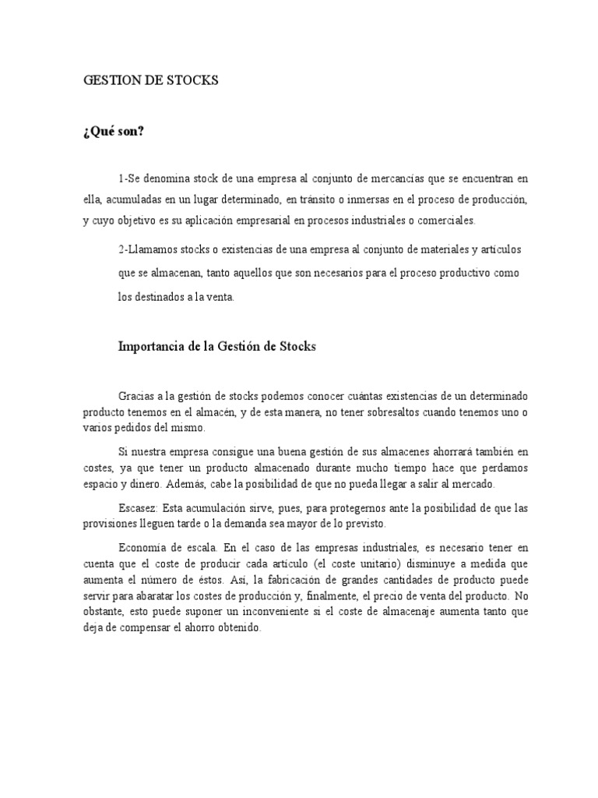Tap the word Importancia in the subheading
(x=151, y=348)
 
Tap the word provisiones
(x=110, y=524)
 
